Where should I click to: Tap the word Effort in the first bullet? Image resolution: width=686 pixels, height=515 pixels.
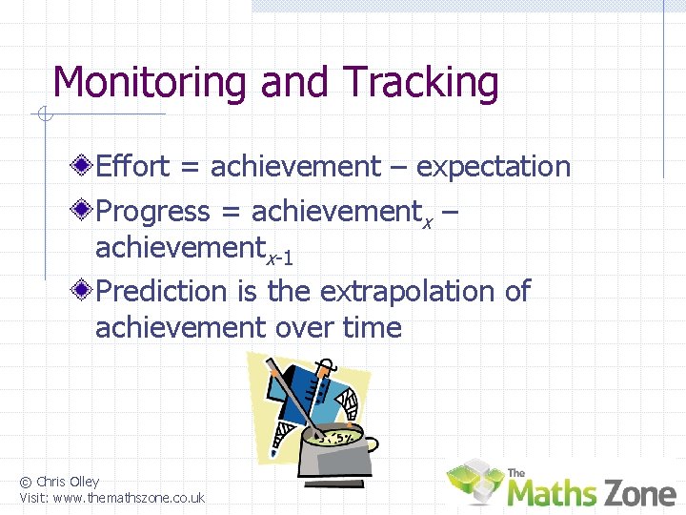pos(133,166)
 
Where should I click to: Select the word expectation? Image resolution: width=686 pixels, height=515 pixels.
pos(494,167)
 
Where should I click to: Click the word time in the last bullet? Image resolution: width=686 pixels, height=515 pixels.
pos(372,327)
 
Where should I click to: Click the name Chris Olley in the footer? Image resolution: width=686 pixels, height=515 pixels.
pos(68,482)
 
